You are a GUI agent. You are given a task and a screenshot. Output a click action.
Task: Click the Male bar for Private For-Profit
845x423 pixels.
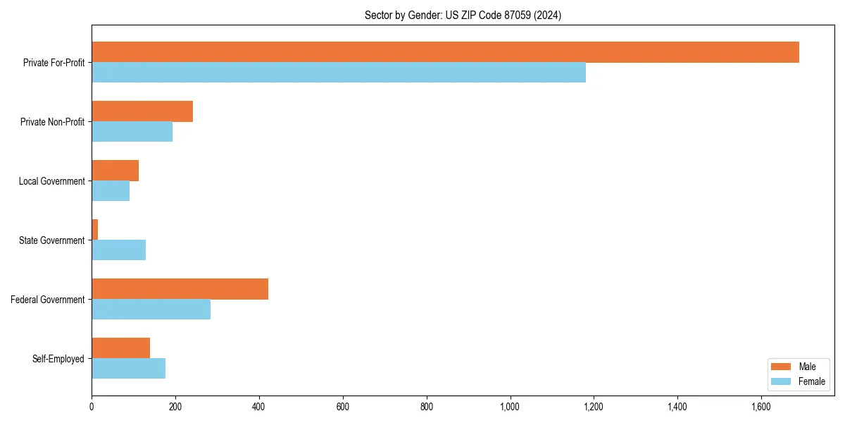[445, 52]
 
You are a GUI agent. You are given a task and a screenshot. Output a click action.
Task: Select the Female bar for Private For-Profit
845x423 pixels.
[339, 73]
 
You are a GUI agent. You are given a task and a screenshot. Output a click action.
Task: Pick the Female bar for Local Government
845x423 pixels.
[111, 191]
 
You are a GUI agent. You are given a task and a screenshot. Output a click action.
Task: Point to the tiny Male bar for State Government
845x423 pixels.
[95, 230]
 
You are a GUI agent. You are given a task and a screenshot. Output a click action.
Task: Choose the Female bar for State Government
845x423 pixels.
[118, 250]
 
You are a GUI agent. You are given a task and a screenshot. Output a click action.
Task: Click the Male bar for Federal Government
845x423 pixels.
[180, 289]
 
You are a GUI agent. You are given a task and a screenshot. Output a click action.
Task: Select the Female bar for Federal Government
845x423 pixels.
[151, 309]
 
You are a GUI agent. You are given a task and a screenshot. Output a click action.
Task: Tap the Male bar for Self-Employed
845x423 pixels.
[120, 348]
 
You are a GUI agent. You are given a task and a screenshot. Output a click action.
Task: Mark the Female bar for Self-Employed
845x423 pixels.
[128, 369]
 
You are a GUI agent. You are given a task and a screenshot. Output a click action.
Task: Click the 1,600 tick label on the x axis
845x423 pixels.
[761, 407]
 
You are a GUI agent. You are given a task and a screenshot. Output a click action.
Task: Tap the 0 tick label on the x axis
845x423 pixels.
[92, 407]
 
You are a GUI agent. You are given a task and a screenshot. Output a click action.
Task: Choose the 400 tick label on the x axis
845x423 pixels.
[259, 407]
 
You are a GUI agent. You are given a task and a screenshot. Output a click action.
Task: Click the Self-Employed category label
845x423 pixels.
[58, 359]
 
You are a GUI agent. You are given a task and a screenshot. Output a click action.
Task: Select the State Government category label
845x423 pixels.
[51, 240]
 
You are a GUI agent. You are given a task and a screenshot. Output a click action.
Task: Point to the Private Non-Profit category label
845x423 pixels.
[52, 122]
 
